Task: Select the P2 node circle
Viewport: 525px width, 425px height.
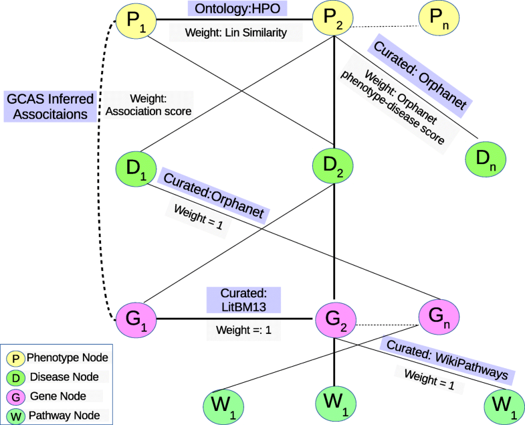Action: click(x=336, y=20)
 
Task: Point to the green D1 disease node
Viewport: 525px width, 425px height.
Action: click(x=136, y=169)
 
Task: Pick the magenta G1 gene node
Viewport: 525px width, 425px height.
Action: click(x=136, y=319)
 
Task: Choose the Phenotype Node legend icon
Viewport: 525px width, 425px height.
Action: click(x=15, y=358)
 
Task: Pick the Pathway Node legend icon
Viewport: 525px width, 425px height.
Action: click(x=15, y=416)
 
